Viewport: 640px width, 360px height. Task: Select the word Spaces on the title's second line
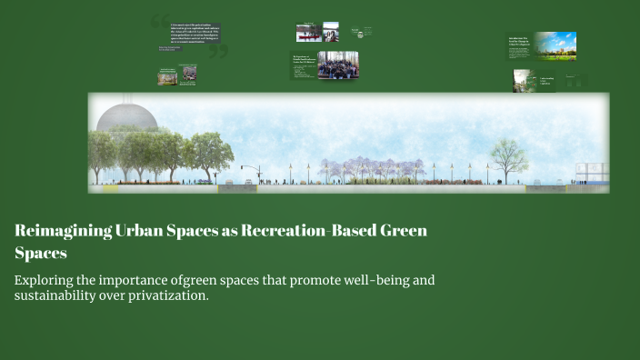(41, 253)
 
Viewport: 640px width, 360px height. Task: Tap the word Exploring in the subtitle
(46, 280)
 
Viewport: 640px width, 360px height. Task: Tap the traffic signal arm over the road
(247, 167)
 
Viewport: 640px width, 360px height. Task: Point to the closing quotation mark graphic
(217, 53)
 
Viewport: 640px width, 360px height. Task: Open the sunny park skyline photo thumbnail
(555, 45)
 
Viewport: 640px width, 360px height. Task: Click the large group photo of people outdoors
(337, 65)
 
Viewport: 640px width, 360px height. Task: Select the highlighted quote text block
(189, 34)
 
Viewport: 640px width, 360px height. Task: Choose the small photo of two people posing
(331, 33)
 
